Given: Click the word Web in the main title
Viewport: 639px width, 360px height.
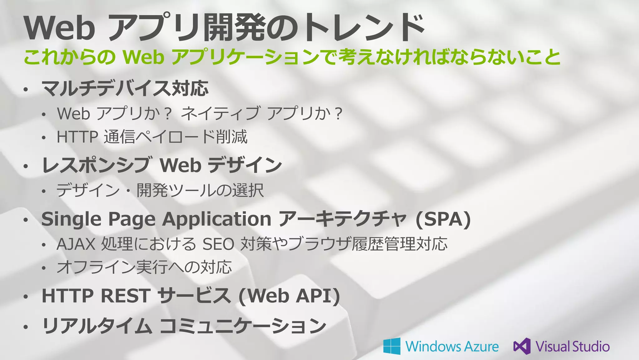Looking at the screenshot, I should click(59, 28).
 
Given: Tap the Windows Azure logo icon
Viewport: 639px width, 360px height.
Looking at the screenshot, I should click(392, 346).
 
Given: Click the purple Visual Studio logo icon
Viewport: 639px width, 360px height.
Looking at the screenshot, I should click(522, 346).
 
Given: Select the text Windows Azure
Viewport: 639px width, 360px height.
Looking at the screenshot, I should click(452, 347).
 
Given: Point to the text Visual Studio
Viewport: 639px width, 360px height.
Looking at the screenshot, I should click(573, 347).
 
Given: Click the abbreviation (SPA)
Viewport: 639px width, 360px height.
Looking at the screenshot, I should click(443, 219).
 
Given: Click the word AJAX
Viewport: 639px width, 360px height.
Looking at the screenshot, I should click(76, 244).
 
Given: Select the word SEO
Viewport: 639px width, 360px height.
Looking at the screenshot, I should click(218, 244).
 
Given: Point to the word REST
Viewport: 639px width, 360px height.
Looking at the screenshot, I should click(126, 296).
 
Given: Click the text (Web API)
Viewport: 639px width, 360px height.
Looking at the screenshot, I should click(289, 296).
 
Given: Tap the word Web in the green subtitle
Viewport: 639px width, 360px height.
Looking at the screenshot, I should click(144, 57).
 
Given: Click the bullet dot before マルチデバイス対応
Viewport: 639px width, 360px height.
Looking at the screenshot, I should click(26, 90).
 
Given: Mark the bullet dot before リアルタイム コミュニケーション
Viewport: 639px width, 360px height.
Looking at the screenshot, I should click(26, 327).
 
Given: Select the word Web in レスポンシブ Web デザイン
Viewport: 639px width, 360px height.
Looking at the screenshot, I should click(180, 165).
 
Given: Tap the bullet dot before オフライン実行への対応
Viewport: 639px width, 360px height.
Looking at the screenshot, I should click(44, 268).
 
